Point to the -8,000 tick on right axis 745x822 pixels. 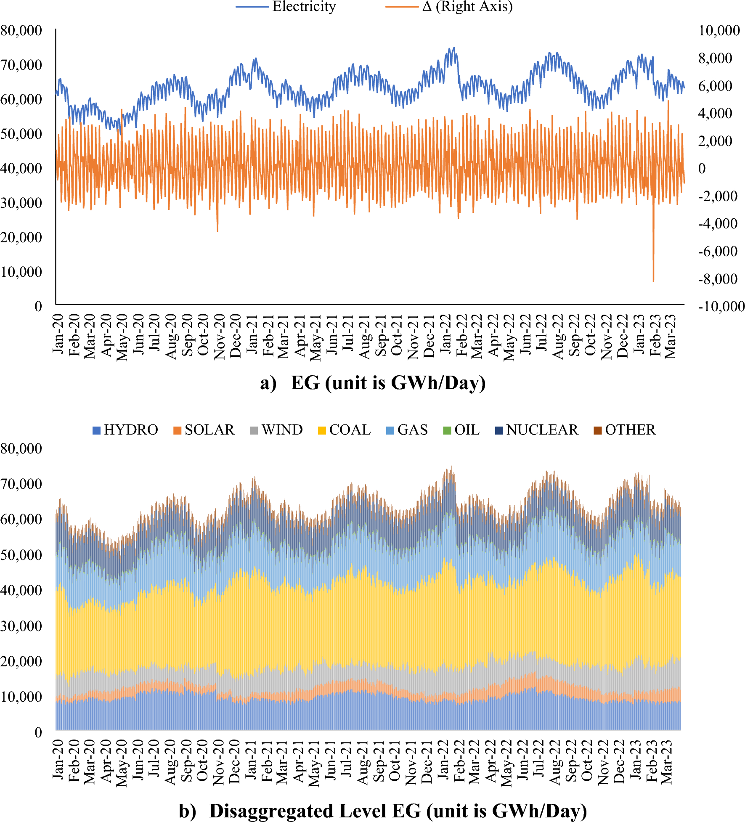pos(717,279)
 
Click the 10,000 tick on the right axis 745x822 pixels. pos(719,30)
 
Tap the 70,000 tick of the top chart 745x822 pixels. pos(21,65)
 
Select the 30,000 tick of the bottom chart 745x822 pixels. pos(21,626)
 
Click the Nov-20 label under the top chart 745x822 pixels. pos(220,337)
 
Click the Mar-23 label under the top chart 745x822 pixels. pos(671,337)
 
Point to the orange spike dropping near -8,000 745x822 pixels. pos(653,278)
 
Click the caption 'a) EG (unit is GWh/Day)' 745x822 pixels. pos(373,383)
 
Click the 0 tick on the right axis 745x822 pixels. pos(702,168)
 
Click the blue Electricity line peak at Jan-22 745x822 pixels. pos(453,48)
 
